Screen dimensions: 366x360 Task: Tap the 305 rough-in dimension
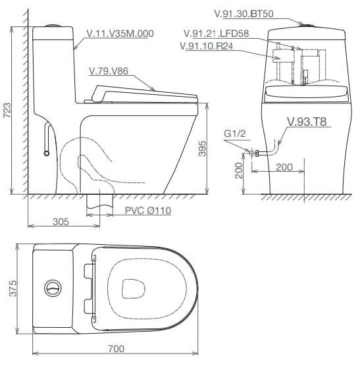pos(61,221)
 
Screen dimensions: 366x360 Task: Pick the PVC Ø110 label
pos(147,210)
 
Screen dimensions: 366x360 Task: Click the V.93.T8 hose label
pos(309,121)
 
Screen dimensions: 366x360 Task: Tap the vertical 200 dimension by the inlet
pos(239,170)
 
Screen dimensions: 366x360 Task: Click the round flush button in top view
pos(53,288)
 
